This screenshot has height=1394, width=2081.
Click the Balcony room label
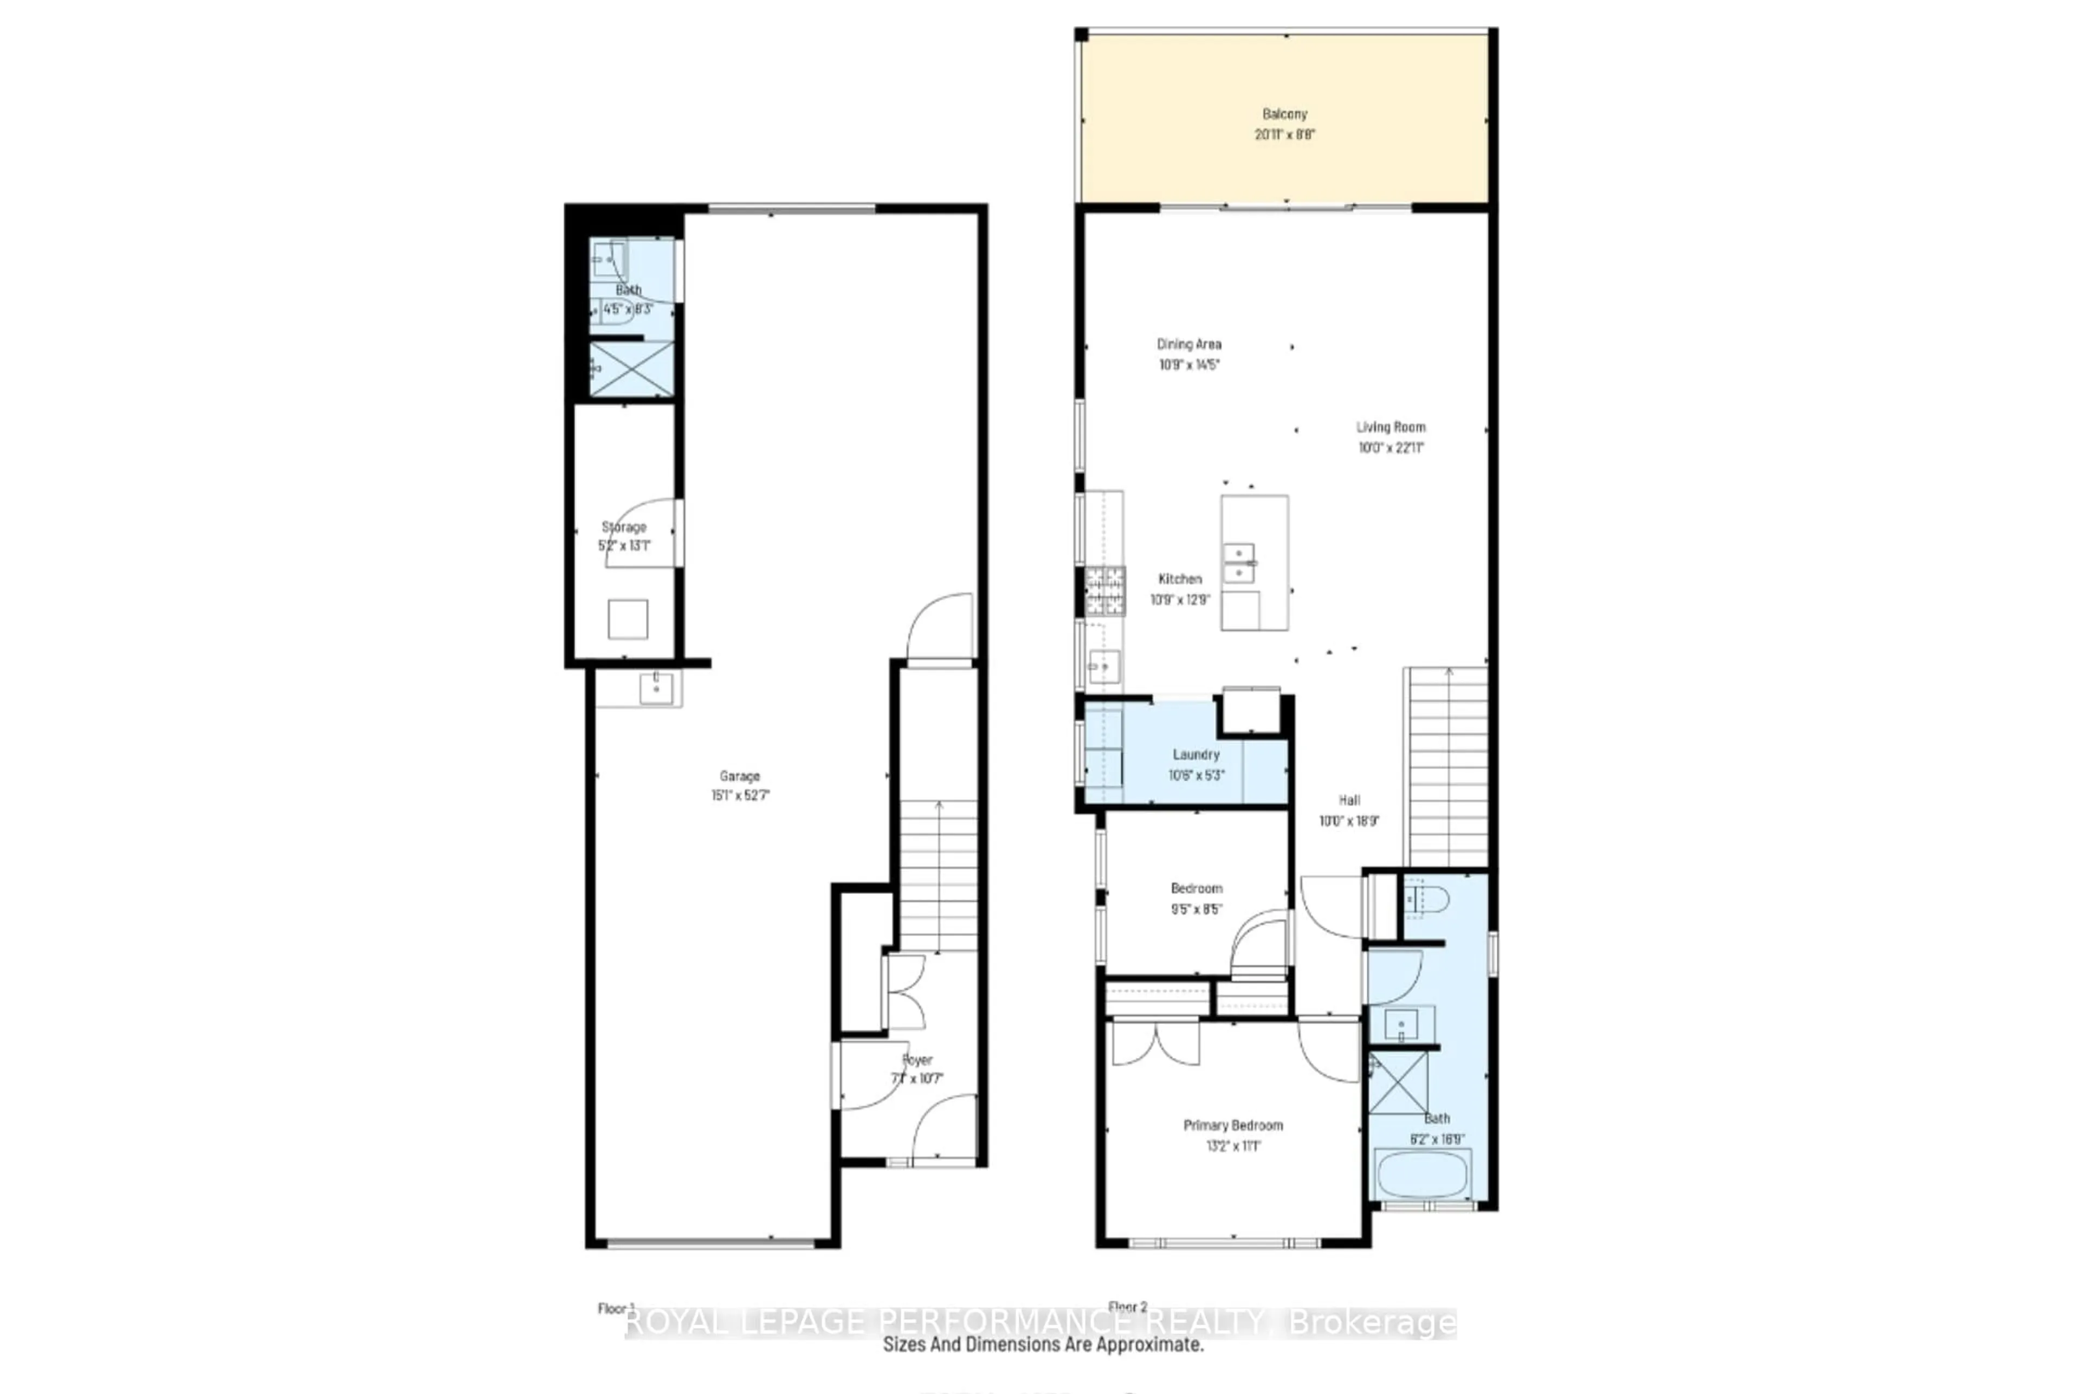tap(1284, 114)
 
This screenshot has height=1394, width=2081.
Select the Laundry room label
tap(1195, 754)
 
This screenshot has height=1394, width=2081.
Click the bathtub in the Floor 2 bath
tap(1423, 1174)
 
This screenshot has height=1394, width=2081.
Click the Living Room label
tap(1390, 427)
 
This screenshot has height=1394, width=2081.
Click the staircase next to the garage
tap(939, 876)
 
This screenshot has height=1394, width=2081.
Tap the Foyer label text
tap(917, 1060)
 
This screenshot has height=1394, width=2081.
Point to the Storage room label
tap(624, 526)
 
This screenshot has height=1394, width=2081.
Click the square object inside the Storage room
tap(628, 619)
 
